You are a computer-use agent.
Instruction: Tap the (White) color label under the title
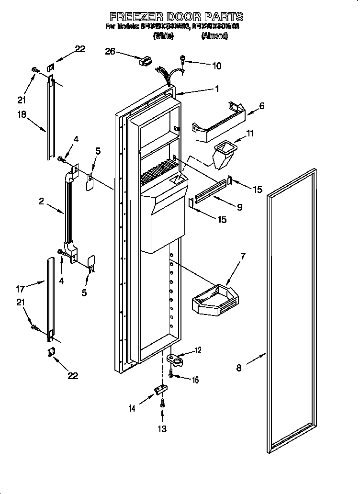tap(163, 36)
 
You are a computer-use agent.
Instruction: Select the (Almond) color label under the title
tap(214, 36)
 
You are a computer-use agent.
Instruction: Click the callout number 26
tap(110, 51)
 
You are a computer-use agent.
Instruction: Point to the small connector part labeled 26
tap(145, 61)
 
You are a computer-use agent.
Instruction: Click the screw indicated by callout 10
tap(183, 59)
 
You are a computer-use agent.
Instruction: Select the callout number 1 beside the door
tap(216, 89)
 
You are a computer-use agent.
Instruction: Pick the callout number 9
tap(239, 207)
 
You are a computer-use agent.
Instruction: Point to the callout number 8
tap(239, 368)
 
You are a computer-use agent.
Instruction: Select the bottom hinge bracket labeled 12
tap(175, 359)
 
